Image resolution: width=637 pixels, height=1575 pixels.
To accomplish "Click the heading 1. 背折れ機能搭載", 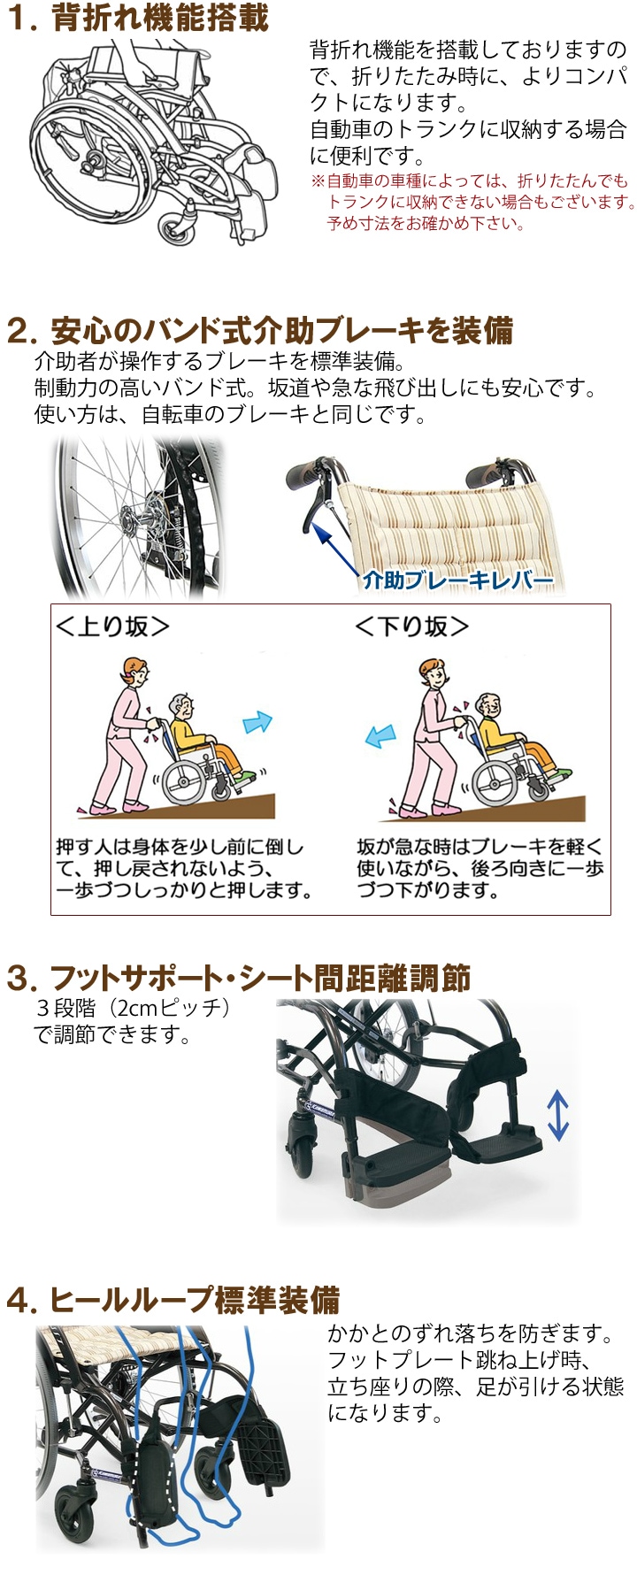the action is click(137, 19).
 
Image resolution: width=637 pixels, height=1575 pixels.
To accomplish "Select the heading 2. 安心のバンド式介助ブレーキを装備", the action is click(259, 330).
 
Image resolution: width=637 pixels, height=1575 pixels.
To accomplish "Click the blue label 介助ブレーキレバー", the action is click(457, 580).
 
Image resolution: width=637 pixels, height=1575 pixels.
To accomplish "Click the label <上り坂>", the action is click(112, 626).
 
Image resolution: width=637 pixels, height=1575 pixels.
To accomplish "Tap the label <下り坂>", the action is click(411, 626).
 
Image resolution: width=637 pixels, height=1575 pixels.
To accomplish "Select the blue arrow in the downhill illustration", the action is click(381, 736).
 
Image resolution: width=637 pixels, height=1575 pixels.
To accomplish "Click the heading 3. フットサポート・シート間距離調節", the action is click(238, 979).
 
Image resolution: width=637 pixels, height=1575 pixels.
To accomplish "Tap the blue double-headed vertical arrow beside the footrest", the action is click(556, 1114).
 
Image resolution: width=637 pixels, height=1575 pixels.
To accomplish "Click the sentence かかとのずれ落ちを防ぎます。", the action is click(471, 1333).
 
